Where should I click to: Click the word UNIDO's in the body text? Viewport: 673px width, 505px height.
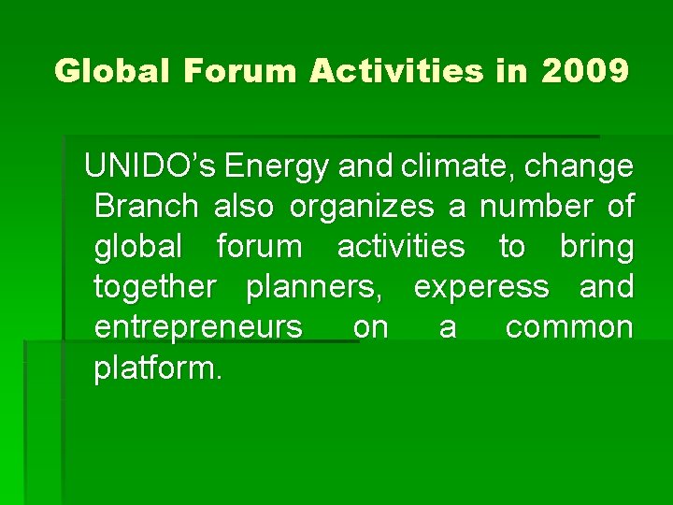150,166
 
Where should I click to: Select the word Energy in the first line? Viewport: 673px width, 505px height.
277,167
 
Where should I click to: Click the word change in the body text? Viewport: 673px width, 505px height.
580,167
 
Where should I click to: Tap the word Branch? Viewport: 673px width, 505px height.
147,206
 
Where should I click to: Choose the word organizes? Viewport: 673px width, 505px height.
361,207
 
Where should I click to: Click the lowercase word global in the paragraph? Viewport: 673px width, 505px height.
138,247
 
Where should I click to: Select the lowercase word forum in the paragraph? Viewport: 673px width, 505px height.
259,247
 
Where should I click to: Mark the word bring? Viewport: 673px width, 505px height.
596,248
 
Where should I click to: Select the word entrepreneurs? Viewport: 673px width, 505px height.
198,328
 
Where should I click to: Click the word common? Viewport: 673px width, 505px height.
569,328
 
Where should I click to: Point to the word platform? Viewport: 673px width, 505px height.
158,368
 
